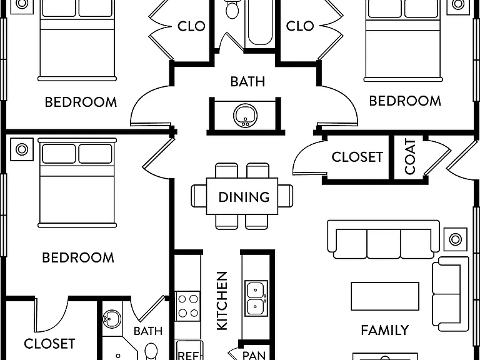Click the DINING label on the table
coord(244,197)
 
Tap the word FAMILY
coord(385,330)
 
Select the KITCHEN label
coord(222,301)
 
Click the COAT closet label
coord(410,156)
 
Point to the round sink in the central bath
coord(245,116)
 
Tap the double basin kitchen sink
coord(256,298)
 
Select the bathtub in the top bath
coord(260,23)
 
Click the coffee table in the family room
coord(385,296)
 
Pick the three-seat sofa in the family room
coord(384,239)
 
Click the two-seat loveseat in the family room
coord(450,294)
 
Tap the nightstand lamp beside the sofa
coord(456,239)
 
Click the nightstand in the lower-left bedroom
coord(22,149)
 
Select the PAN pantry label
coord(254,355)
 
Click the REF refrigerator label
coord(189,356)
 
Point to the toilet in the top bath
coord(232,9)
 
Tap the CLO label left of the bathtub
coord(191,26)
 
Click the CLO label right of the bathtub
coord(300,26)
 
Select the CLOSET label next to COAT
coord(357,157)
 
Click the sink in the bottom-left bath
coord(111,319)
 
